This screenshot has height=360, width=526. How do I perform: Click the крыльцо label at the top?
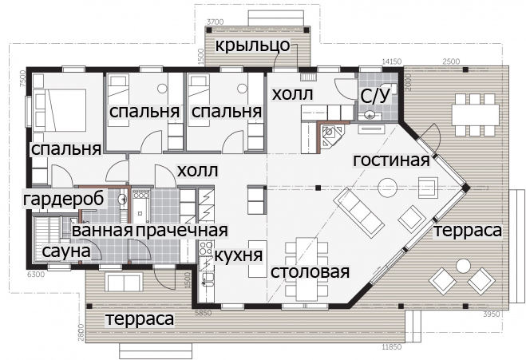pyautogui.click(x=252, y=45)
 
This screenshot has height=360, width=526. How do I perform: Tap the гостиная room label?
pyautogui.click(x=391, y=160)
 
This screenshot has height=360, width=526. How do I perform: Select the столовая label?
pyautogui.click(x=310, y=271)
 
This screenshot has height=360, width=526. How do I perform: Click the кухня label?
pyautogui.click(x=238, y=255)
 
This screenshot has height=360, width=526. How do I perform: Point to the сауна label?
pyautogui.click(x=67, y=251)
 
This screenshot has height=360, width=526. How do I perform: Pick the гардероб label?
pyautogui.click(x=64, y=199)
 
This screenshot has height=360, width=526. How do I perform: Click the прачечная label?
pyautogui.click(x=182, y=231)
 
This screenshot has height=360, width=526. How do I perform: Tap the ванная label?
pyautogui.click(x=102, y=231)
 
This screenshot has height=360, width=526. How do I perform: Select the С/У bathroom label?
pyautogui.click(x=376, y=96)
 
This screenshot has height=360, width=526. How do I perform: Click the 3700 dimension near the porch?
pyautogui.click(x=215, y=22)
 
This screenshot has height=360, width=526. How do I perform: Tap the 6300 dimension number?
pyautogui.click(x=36, y=275)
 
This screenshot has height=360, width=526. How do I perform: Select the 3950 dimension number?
pyautogui.click(x=491, y=314)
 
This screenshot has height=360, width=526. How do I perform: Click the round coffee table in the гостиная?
pyautogui.click(x=387, y=188)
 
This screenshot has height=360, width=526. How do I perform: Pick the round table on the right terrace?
pyautogui.click(x=463, y=267)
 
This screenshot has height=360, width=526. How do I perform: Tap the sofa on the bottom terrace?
pyautogui.click(x=124, y=282)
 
